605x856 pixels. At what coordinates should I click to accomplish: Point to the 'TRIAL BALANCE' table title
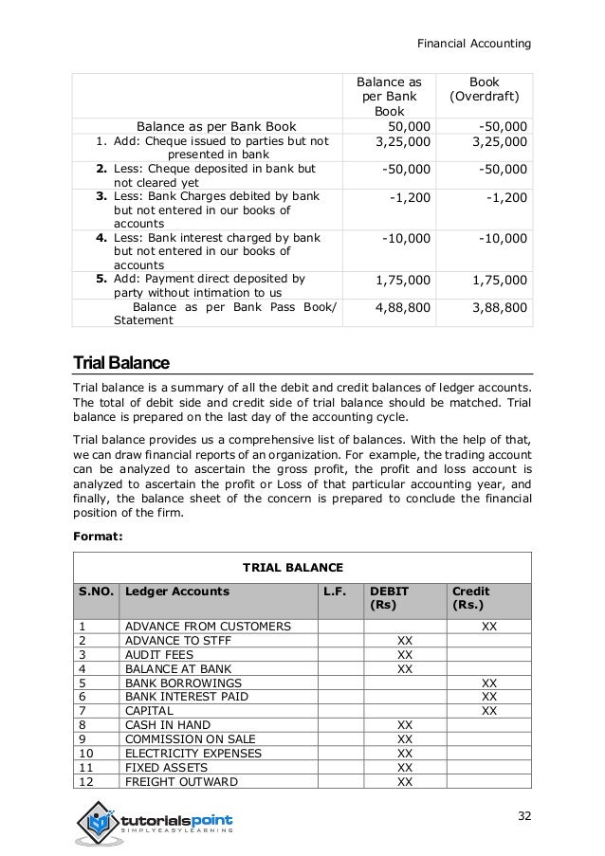coord(293,567)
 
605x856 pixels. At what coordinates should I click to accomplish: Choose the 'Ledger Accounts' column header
coord(177,591)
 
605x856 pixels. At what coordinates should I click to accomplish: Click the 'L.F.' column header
coord(335,591)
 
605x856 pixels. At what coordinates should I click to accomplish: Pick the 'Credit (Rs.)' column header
coord(471,597)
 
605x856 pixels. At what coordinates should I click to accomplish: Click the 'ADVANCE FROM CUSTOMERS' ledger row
coord(207,627)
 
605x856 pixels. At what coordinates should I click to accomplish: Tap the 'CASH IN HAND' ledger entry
coord(162,724)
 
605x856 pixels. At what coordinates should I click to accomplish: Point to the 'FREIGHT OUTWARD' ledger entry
coord(181,781)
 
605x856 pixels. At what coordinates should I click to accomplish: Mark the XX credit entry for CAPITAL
coord(488,710)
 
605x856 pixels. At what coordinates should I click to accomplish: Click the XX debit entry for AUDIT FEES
coord(405,654)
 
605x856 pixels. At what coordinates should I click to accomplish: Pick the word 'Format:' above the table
coord(98,534)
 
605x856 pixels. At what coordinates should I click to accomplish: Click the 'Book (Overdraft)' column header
coord(490,90)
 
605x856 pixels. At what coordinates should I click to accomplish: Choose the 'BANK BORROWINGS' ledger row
coord(183,683)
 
